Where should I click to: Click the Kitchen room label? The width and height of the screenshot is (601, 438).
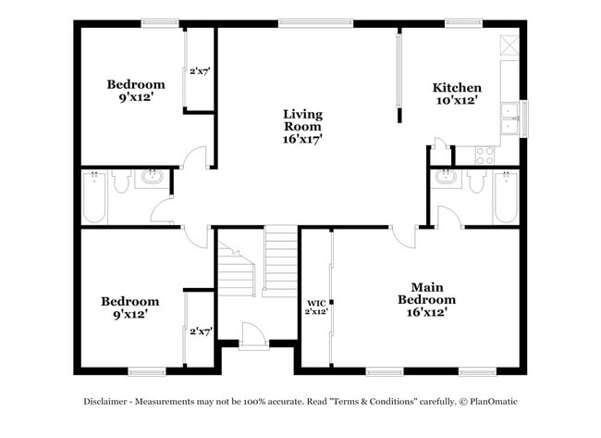point(457,88)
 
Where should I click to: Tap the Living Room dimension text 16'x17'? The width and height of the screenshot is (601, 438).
point(302,139)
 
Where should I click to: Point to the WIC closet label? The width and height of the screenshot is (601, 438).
point(316,303)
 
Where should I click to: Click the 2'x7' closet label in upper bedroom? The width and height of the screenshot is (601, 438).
point(201,70)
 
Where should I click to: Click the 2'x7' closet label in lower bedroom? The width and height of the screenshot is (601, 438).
point(201,331)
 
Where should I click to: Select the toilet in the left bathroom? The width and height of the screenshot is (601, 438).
point(121,182)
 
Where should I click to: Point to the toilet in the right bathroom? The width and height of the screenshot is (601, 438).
point(477,181)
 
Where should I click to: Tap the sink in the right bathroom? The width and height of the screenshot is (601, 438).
point(446,178)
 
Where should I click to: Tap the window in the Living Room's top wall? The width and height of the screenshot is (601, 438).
point(315,24)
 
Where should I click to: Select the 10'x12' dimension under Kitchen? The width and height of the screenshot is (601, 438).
point(457,101)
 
